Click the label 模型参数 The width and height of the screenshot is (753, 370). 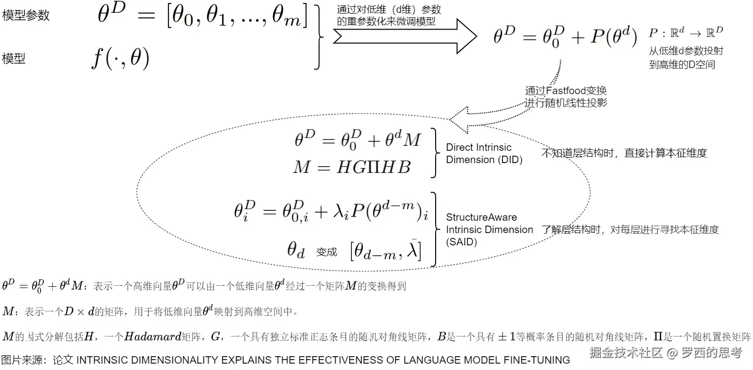coord(26,15)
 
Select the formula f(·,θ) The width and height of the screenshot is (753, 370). coord(120,59)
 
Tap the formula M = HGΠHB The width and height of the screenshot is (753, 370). coord(351,167)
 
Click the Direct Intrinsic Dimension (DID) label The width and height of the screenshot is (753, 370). coord(484,153)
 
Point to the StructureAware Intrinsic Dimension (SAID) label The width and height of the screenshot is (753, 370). coord(489,230)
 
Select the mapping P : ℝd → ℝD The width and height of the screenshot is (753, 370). coord(685,34)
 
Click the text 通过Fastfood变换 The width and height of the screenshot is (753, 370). coord(566,91)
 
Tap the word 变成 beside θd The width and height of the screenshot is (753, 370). coord(327,252)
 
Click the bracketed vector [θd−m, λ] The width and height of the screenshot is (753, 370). coord(385,251)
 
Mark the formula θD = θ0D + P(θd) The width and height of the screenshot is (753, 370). coord(565,37)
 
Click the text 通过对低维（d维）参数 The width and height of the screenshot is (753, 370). coord(389,9)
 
